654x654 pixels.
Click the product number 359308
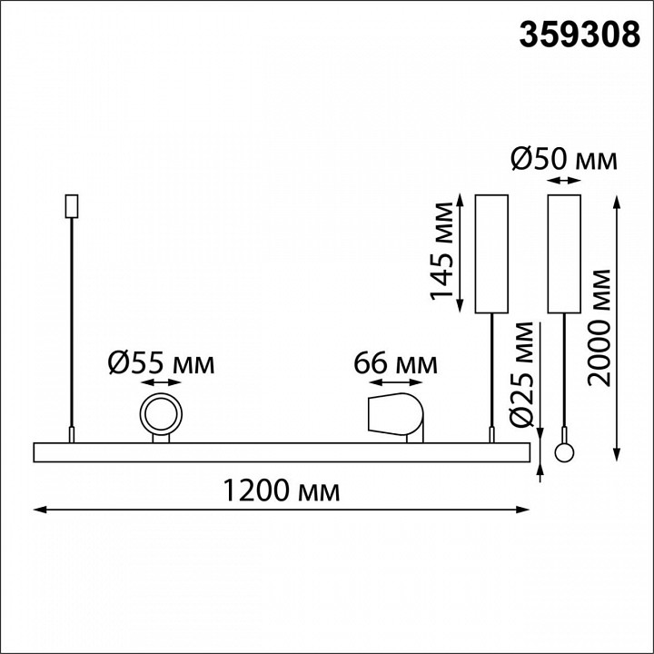pos(580,35)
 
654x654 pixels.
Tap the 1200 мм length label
pos(282,490)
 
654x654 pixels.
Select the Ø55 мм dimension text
pos(161,362)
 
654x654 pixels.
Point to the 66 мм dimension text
pos(395,363)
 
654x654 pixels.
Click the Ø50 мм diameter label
pos(564,159)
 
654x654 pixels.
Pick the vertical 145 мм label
pos(441,251)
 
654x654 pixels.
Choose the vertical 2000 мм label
pos(598,328)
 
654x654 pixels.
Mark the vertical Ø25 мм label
pos(521,374)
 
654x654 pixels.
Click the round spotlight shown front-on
pos(161,414)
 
